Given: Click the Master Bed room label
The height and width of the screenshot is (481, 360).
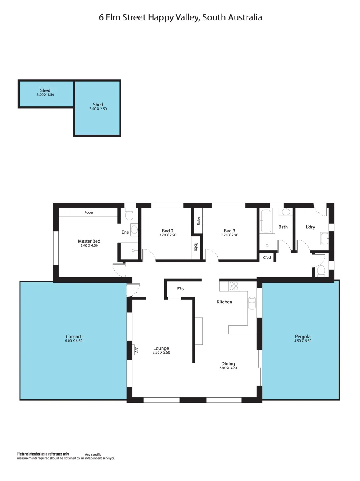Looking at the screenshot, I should [x=89, y=241].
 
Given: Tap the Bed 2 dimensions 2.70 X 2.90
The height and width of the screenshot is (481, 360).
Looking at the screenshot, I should [x=168, y=235].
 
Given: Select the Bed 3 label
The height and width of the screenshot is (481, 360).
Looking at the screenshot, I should [x=229, y=231].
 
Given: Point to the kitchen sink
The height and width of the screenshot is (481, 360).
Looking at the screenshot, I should [x=252, y=303].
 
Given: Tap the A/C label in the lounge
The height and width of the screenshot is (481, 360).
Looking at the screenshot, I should [x=137, y=350].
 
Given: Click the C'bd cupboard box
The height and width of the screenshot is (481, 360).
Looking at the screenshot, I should [x=267, y=257].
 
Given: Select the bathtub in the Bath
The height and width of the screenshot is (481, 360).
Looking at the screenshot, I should [x=266, y=221].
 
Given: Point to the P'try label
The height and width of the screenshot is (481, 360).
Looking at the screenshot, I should [x=181, y=289].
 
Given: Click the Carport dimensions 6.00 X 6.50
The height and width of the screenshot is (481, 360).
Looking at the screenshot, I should [x=73, y=341].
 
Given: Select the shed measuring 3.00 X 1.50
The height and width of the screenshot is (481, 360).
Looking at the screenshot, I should [x=45, y=93].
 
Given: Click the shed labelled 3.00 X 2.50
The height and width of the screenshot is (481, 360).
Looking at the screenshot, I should [x=98, y=107].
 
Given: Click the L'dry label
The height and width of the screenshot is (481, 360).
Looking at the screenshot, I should [x=310, y=227].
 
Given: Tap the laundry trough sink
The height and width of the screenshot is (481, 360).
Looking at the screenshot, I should [x=324, y=240].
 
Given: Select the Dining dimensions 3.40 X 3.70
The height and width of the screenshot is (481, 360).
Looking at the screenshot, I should [x=228, y=368].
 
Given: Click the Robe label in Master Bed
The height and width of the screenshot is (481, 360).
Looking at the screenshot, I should [x=89, y=212].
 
